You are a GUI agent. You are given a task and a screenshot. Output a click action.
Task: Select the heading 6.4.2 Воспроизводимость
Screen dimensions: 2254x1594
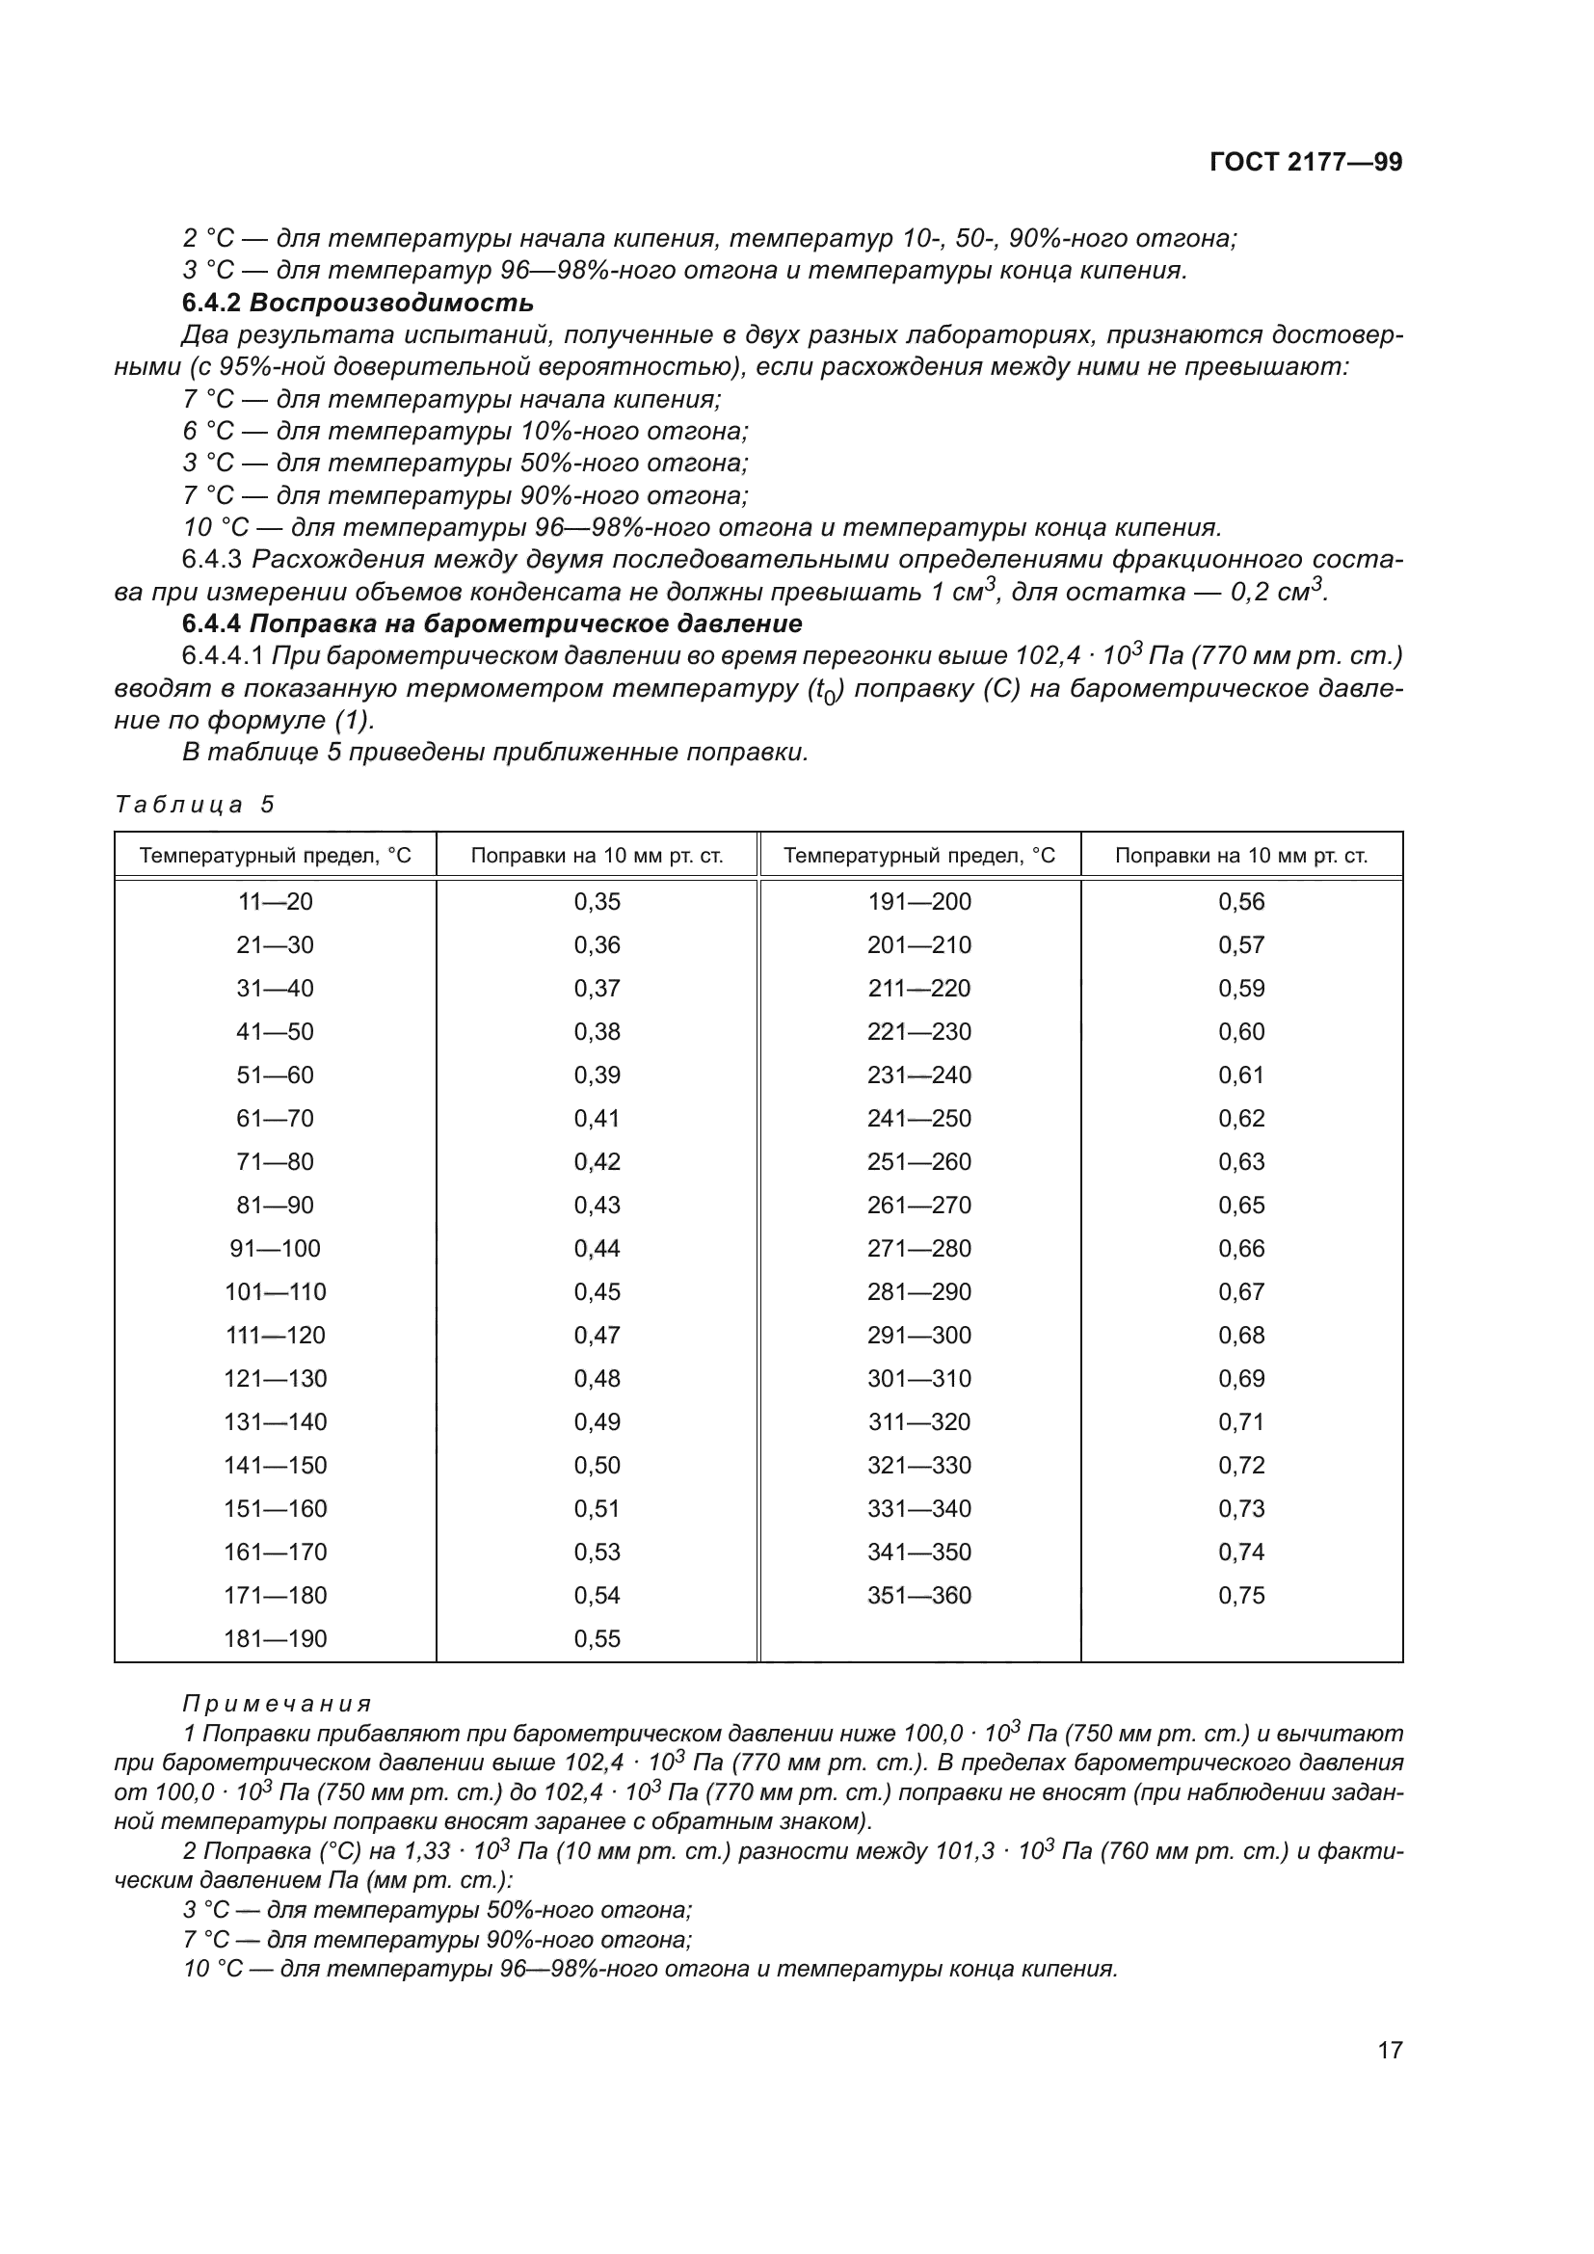point(359,303)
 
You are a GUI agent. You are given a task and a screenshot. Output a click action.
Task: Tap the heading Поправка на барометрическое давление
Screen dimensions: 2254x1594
point(526,623)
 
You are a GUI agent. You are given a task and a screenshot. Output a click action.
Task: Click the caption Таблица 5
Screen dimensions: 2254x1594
point(195,805)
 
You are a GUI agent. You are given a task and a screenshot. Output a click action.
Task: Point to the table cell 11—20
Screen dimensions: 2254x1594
point(275,901)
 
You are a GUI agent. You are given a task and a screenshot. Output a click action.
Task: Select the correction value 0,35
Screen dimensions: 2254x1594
point(597,901)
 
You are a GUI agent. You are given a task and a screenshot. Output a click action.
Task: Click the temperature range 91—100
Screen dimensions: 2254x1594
point(275,1249)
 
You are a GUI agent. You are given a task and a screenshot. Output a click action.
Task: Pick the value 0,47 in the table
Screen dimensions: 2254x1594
point(597,1335)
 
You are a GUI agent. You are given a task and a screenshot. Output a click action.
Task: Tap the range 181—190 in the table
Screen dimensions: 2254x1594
point(275,1638)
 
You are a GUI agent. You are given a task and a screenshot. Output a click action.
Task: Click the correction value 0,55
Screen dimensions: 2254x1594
point(597,1638)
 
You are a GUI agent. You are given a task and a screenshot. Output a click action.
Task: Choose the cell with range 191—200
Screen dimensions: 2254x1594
point(918,901)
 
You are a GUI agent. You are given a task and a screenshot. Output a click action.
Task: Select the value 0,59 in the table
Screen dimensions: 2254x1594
point(1241,988)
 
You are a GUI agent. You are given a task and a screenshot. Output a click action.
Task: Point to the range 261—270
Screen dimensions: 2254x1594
point(918,1205)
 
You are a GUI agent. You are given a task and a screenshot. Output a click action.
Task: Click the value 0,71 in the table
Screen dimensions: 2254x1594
point(1241,1421)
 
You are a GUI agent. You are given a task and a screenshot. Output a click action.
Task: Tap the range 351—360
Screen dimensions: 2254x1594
point(918,1595)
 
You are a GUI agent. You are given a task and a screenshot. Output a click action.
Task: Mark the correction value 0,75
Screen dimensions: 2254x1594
point(1241,1595)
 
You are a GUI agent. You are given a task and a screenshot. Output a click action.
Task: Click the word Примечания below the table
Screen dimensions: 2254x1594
point(277,1703)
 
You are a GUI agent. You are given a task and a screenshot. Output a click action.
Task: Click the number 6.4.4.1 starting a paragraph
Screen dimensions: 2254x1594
point(224,656)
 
